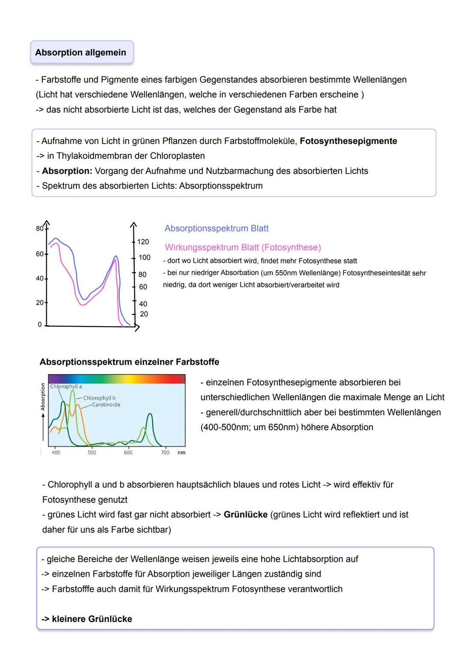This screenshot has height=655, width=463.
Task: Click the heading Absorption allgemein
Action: pyautogui.click(x=81, y=53)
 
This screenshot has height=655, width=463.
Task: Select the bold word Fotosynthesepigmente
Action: pyautogui.click(x=348, y=141)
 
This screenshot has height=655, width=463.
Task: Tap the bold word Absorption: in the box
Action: pyautogui.click(x=67, y=171)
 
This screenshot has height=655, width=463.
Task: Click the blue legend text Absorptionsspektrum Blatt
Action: pyautogui.click(x=216, y=229)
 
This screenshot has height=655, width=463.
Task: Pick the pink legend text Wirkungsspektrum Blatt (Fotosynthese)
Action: pyautogui.click(x=243, y=248)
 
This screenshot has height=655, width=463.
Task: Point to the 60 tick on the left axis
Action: pyautogui.click(x=40, y=254)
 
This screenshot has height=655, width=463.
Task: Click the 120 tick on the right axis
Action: pyautogui.click(x=143, y=242)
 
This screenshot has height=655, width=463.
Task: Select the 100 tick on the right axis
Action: pyautogui.click(x=144, y=257)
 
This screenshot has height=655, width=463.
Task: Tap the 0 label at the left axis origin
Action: pyautogui.click(x=40, y=325)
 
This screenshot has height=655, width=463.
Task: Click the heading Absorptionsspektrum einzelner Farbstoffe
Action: pyautogui.click(x=129, y=362)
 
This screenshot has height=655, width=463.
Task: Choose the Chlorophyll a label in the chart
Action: pyautogui.click(x=66, y=386)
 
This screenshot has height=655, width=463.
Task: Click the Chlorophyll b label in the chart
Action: pyautogui.click(x=99, y=398)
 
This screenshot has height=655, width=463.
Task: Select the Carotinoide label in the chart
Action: pyautogui.click(x=106, y=404)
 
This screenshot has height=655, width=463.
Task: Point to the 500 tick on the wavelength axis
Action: pyautogui.click(x=92, y=453)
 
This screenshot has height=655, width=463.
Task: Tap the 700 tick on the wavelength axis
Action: pyautogui.click(x=165, y=453)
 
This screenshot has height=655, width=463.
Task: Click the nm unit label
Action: pyautogui.click(x=181, y=453)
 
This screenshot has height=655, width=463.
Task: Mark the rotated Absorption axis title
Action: pyautogui.click(x=43, y=397)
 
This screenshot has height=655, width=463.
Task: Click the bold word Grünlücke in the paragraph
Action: pyautogui.click(x=246, y=515)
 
